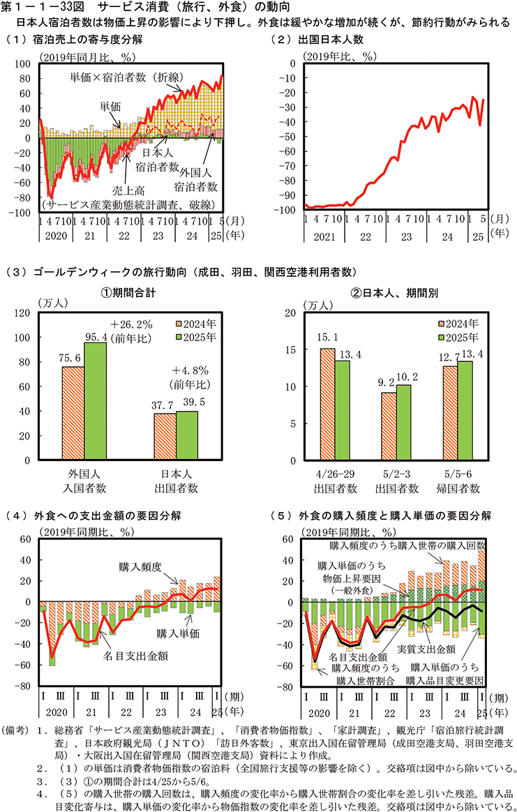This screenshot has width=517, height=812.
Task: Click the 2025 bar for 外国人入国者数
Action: (96, 402)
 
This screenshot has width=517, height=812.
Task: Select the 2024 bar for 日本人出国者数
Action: (165, 437)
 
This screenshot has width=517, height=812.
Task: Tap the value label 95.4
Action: (96, 337)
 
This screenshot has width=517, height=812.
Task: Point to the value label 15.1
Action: (328, 338)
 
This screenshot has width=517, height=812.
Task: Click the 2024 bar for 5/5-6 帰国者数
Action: (451, 414)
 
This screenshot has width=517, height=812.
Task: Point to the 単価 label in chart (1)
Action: (110, 106)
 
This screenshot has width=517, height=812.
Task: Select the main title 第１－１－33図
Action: (47, 7)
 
